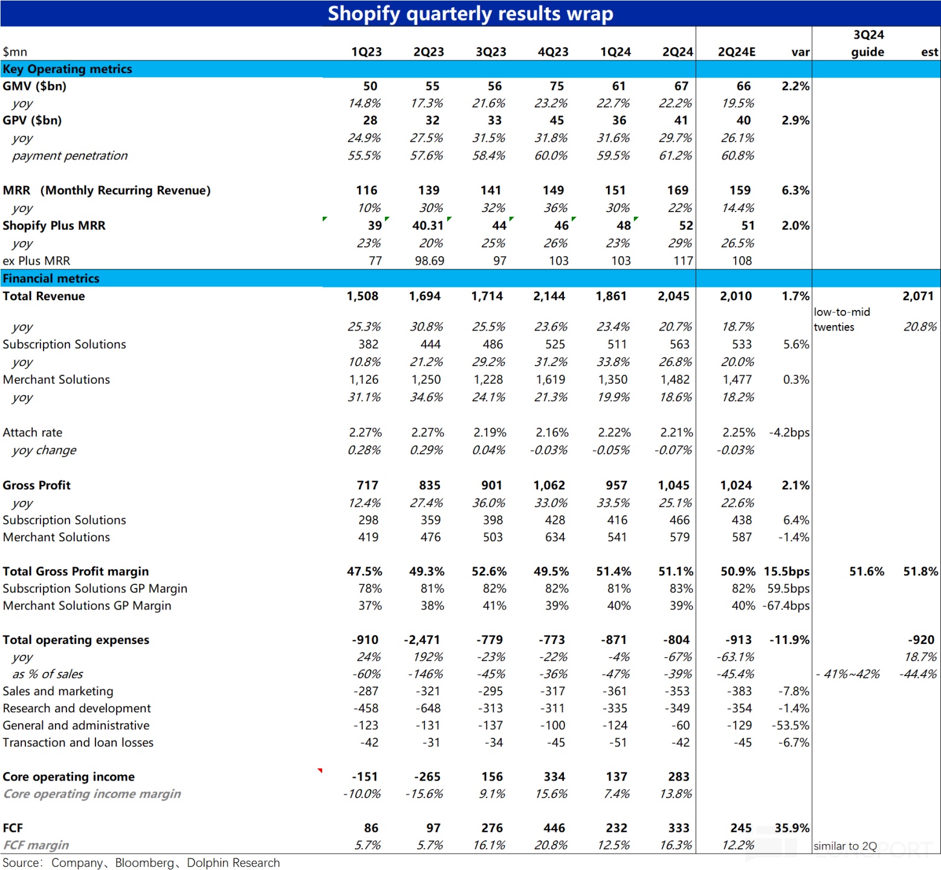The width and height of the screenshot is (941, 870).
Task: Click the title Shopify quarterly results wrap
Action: tap(470, 13)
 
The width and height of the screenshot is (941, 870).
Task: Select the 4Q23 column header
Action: tap(553, 52)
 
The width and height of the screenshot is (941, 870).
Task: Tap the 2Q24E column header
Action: tap(737, 52)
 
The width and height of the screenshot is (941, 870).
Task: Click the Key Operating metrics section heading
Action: tap(67, 69)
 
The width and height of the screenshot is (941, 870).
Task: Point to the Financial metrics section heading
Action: tap(51, 279)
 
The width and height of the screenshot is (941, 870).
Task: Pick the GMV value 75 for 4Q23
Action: tap(557, 86)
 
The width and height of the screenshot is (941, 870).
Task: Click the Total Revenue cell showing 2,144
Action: tap(549, 296)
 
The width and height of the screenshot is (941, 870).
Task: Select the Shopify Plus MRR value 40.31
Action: tap(428, 225)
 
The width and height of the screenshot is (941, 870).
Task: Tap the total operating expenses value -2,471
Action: tap(422, 640)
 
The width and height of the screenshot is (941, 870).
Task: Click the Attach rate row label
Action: tap(33, 433)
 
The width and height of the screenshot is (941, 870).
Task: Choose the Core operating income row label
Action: tap(69, 777)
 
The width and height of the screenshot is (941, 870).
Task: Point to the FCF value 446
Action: tap(554, 828)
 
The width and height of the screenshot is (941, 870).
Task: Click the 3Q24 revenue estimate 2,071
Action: tap(918, 296)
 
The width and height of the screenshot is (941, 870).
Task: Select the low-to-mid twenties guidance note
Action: tap(842, 320)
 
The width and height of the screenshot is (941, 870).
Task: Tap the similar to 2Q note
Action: tap(845, 846)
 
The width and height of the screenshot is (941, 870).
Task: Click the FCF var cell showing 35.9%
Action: tap(792, 828)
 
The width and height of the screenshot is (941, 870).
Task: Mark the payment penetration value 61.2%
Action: tap(676, 156)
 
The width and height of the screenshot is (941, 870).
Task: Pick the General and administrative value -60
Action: tap(680, 726)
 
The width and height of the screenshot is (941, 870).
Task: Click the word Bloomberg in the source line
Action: tap(144, 863)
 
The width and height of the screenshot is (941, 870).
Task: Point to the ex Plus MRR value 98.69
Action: tap(429, 261)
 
